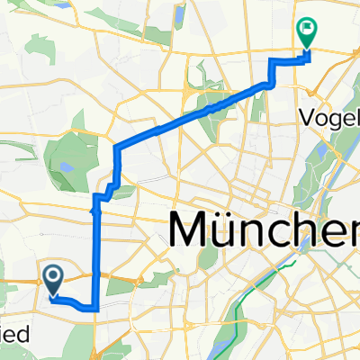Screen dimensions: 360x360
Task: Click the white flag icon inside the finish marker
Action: [308, 30]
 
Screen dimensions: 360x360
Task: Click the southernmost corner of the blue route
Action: [94, 308]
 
